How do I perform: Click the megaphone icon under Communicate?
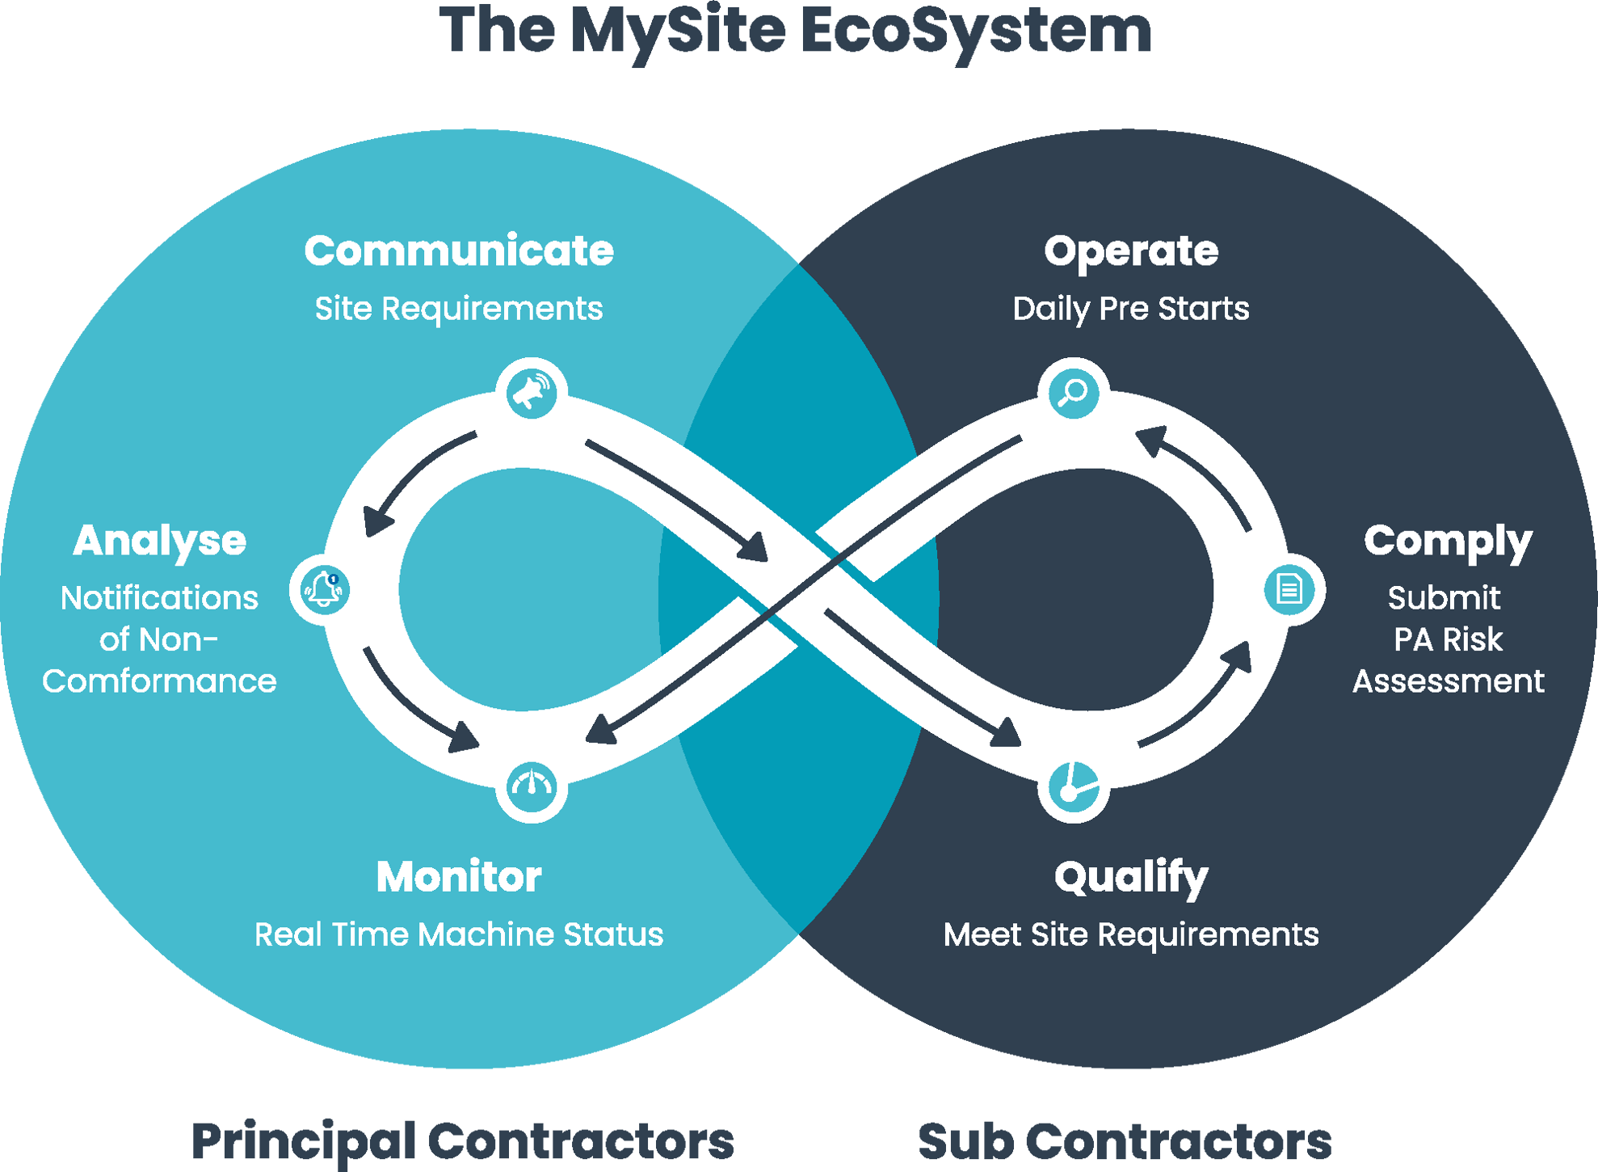pos(532,393)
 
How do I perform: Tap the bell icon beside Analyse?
pos(325,589)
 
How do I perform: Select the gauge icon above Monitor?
pos(532,786)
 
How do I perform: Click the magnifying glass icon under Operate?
pos(1074,393)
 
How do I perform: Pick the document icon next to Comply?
pos(1289,589)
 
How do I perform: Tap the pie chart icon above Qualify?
pos(1074,786)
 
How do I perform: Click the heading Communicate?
pos(459,251)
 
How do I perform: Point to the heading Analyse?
pos(160,542)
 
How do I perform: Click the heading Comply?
pos(1448,542)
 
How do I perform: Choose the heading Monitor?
pos(459,877)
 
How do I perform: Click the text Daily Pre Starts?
pos(1131,309)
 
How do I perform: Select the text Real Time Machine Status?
pos(459,934)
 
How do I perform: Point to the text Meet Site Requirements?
pos(1131,934)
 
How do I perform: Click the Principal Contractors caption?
pos(462,1141)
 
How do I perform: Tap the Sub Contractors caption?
pos(1125,1141)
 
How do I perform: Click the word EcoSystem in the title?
pos(976,31)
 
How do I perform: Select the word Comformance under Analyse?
pos(160,681)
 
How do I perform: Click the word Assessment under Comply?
pos(1448,681)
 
